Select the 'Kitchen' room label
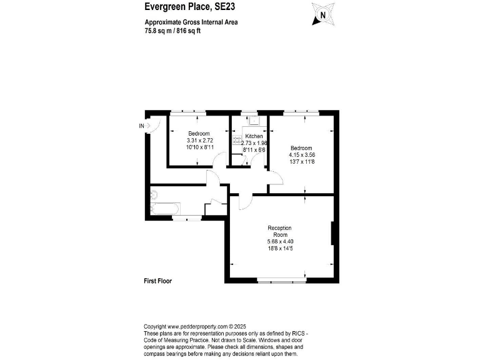(254, 136)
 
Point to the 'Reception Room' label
(279, 231)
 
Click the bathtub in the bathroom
(165, 207)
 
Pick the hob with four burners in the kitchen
(237, 141)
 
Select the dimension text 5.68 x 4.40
(279, 242)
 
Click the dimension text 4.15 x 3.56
(301, 155)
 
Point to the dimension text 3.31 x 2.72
(200, 141)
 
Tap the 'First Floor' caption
(157, 281)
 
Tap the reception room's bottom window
(282, 281)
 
